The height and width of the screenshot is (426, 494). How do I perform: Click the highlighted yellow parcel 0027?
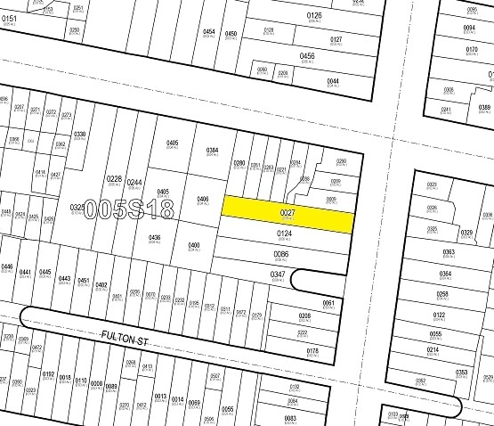287,214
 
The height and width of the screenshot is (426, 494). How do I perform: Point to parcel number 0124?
284,234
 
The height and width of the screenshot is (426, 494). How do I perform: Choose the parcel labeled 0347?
279,274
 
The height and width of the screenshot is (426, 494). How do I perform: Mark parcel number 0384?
213,151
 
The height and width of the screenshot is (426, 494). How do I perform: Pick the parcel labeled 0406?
203,199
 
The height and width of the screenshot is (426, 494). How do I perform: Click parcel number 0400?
194,245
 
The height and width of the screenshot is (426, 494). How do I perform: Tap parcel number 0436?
155,238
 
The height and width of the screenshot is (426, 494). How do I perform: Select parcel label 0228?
114,179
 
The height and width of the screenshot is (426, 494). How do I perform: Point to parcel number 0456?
307,56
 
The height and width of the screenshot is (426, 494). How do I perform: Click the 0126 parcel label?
313,14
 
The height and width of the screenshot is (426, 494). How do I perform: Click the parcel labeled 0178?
312,351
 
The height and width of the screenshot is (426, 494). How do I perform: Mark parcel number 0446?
7,266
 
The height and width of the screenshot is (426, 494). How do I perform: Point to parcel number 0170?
472,49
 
